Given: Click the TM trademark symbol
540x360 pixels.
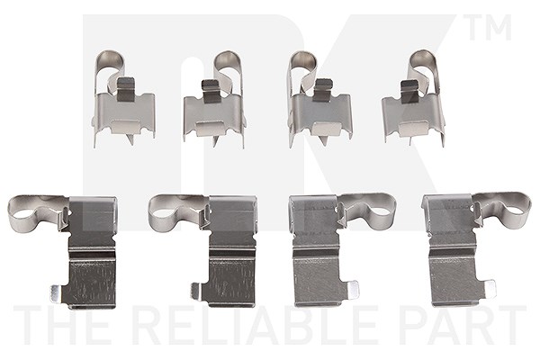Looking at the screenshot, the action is point(489,27).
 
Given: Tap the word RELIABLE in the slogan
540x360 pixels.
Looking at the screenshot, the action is point(254,326).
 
